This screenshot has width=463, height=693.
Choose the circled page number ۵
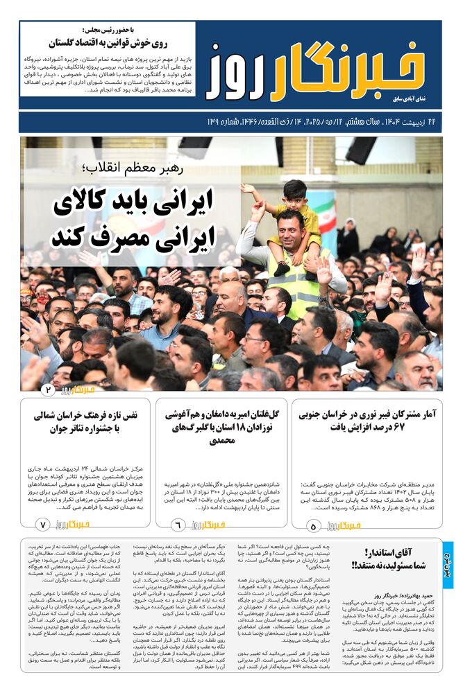point(312,526)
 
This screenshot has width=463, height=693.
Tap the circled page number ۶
point(176,526)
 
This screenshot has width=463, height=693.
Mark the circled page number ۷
point(42,526)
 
